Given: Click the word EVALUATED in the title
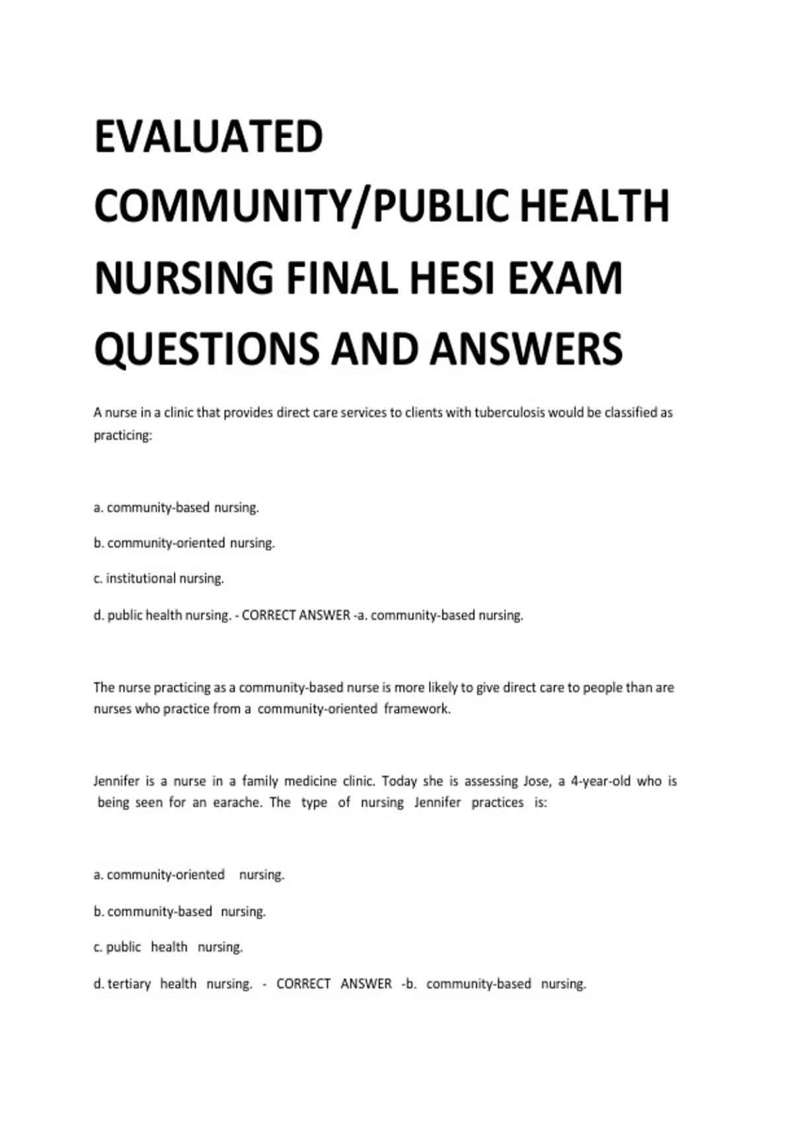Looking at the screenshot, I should coord(209,137).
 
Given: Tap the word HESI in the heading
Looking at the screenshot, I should coord(452,277).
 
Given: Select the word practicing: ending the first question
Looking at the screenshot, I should coord(123,435).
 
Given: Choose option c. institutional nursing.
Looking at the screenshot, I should coord(159,579).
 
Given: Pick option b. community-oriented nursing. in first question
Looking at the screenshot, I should coord(184,543).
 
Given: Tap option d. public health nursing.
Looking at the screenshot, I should coord(162,615).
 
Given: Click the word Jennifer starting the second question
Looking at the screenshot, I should coord(116,781).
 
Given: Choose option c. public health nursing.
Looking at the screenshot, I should coord(169,947).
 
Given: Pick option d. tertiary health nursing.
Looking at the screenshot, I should coord(173,984).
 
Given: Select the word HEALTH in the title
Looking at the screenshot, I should coord(595,206).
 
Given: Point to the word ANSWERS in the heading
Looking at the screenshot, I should coord(527,349).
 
